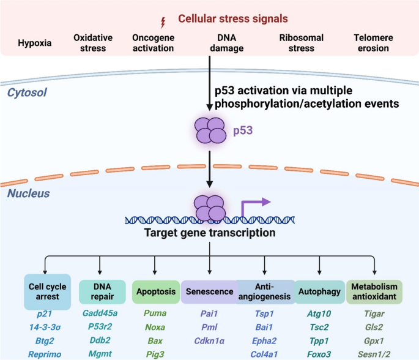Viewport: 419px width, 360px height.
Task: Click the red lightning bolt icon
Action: pos(163,23)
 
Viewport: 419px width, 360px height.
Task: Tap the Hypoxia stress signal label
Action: pos(34,43)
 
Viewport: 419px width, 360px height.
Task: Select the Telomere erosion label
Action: pos(373,43)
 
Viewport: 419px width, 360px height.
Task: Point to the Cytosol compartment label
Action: pos(27,92)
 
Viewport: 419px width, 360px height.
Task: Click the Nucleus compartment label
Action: pos(28,193)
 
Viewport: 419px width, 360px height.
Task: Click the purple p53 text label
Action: pos(243,130)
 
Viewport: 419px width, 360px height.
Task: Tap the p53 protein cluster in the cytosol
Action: pos(210,130)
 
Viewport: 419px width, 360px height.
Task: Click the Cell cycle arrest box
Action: pos(48,292)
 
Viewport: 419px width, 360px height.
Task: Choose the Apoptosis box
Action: pos(156,292)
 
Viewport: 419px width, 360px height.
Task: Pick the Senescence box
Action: pos(209,292)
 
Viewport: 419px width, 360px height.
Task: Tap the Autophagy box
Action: pos(319,292)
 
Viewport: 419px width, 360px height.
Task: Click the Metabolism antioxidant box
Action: pos(374,292)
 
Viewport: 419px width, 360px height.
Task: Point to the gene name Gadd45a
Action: pos(100,313)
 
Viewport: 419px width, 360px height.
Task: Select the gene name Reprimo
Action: pos(45,354)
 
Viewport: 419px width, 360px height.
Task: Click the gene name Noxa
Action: pos(155,327)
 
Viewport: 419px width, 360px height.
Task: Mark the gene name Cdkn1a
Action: pos(209,341)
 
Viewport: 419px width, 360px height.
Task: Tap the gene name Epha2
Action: pos(264,341)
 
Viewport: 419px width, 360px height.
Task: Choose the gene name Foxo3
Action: pos(319,354)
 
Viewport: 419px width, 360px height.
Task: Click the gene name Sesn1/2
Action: pos(374,354)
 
